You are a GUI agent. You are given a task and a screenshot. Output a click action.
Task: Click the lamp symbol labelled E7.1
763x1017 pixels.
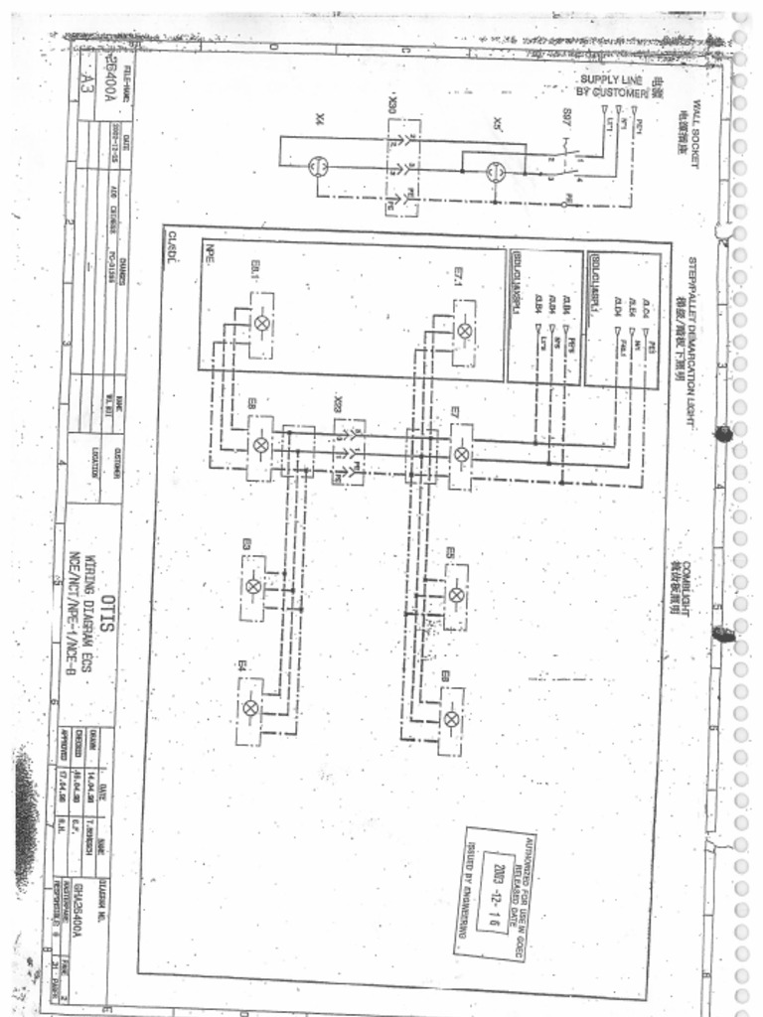point(464,330)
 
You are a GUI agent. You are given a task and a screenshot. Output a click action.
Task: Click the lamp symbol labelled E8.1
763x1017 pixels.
point(262,323)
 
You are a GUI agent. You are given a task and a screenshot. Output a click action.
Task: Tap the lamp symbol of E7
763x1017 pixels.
point(461,454)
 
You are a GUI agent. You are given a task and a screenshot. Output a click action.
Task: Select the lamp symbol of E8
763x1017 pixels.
point(261,446)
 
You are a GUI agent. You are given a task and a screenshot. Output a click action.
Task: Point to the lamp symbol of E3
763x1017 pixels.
point(253,586)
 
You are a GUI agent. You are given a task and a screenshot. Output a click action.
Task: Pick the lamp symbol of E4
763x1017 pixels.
point(250,708)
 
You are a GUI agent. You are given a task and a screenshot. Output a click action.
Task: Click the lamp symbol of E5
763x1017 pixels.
point(456,595)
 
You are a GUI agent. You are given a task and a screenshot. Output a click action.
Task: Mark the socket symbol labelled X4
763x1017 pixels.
point(318,166)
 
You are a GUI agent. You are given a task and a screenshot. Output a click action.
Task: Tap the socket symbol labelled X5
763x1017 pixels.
point(496,171)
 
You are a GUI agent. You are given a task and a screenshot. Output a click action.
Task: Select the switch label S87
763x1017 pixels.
point(565,116)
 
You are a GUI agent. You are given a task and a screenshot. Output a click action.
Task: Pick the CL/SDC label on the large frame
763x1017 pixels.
point(171,241)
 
